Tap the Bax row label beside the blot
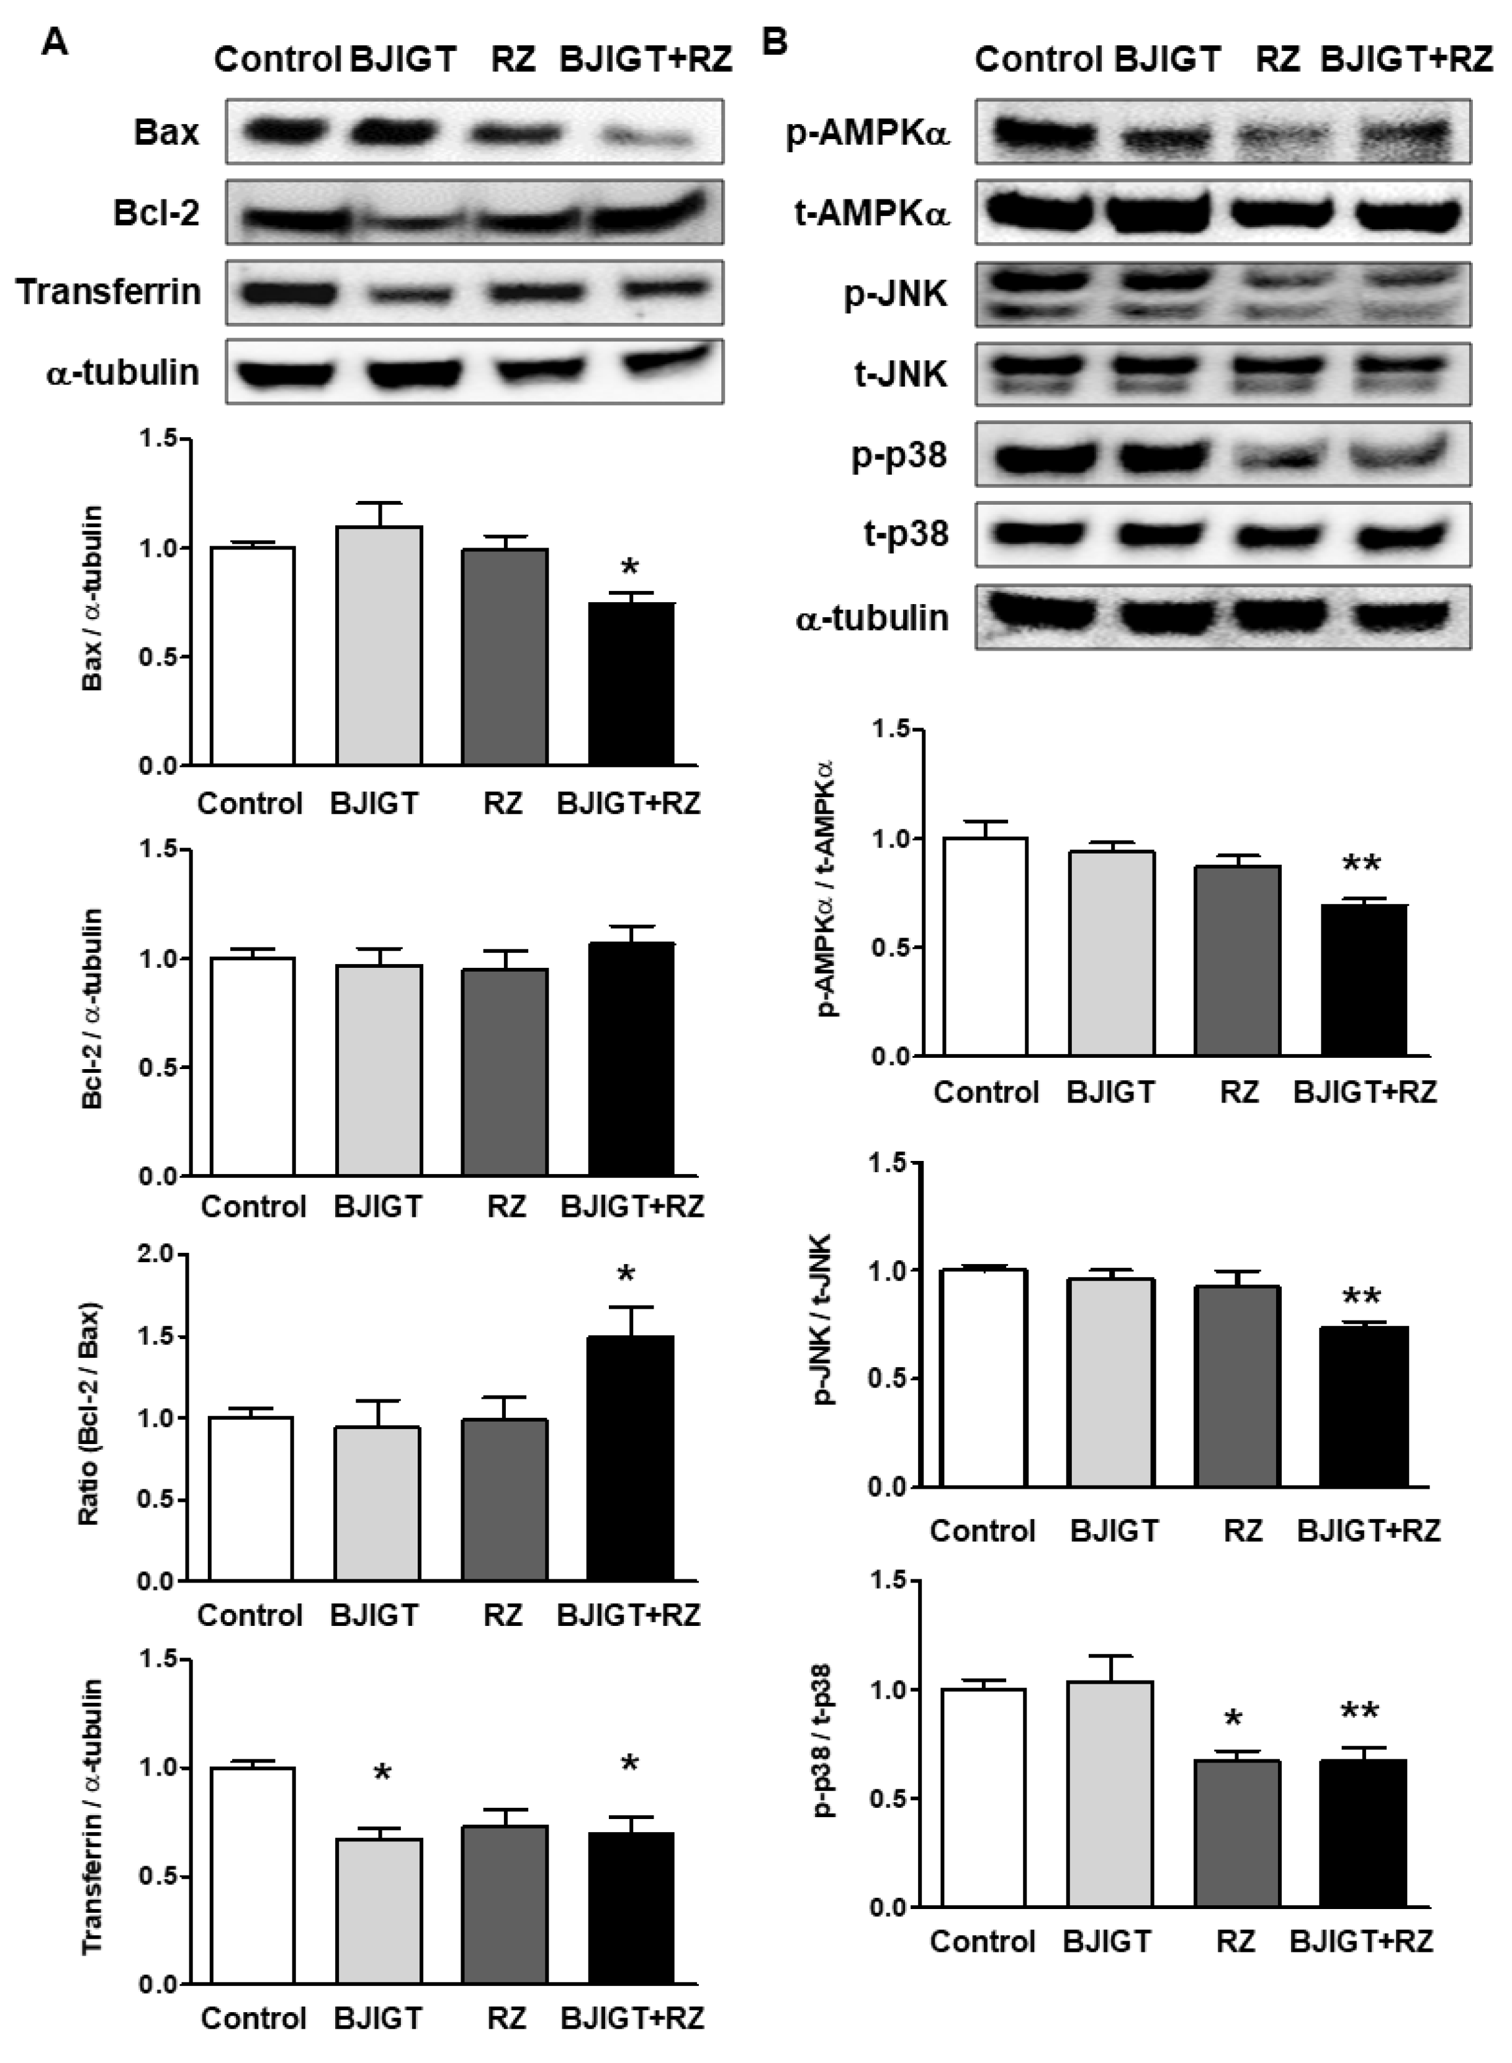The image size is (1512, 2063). [166, 133]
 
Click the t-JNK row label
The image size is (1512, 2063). [901, 374]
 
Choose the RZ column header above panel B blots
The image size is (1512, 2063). [1278, 60]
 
